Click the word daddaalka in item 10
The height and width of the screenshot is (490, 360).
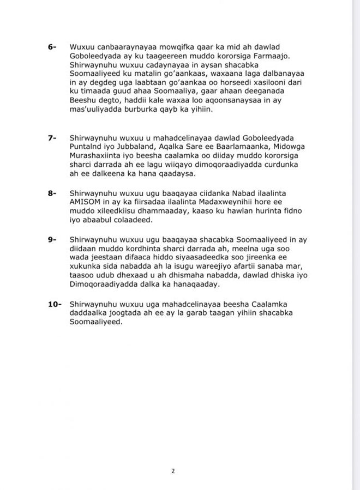click(x=89, y=313)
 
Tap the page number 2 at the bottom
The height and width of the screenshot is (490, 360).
click(x=172, y=471)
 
